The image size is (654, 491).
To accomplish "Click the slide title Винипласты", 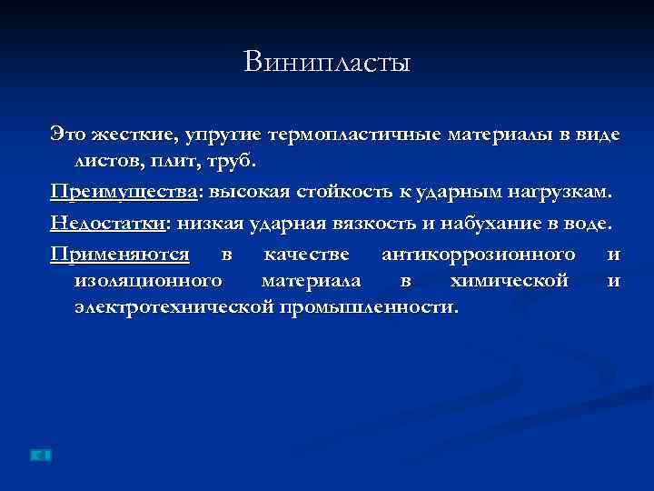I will tap(327, 63).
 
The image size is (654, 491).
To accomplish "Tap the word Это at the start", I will tap(68, 135).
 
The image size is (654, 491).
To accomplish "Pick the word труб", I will tap(235, 163).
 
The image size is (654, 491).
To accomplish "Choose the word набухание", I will tap(495, 222).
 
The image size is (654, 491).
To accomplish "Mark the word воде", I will tap(592, 222).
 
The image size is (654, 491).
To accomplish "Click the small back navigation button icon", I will tap(41, 454).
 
